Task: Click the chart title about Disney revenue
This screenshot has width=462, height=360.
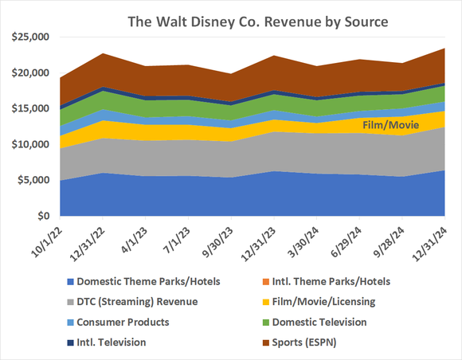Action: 258,22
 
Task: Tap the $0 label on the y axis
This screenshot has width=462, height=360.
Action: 44,216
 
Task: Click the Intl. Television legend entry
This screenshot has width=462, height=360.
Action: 119,342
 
